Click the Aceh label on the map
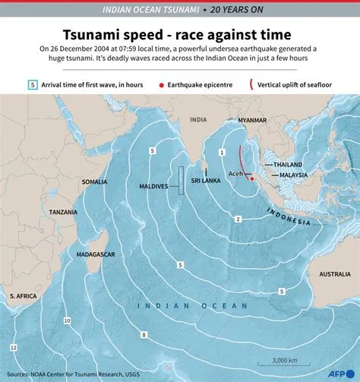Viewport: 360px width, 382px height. pyautogui.click(x=235, y=173)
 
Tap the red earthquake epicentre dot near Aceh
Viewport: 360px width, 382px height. pyautogui.click(x=251, y=179)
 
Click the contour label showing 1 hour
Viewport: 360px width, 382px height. pyautogui.click(x=222, y=153)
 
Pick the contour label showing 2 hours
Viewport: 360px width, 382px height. pyautogui.click(x=238, y=219)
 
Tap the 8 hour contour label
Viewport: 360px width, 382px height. pyautogui.click(x=143, y=334)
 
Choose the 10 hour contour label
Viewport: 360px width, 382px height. pyautogui.click(x=68, y=321)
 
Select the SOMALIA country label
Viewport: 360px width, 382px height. pyautogui.click(x=95, y=182)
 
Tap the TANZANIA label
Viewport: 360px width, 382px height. pyautogui.click(x=64, y=213)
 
